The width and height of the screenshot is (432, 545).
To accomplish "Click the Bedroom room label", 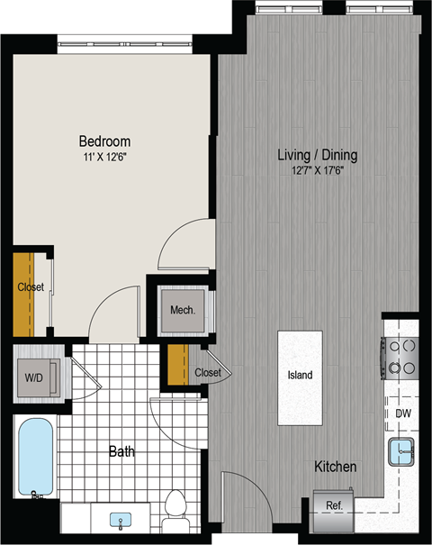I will pyautogui.click(x=104, y=141).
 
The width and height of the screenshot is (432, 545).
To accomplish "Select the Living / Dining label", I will pyautogui.click(x=316, y=155).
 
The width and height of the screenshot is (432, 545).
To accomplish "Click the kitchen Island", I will pyautogui.click(x=300, y=377).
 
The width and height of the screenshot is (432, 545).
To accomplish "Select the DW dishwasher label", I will pyautogui.click(x=403, y=413).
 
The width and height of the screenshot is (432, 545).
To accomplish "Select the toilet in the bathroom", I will pyautogui.click(x=173, y=509).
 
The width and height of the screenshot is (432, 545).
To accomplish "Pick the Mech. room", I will pyautogui.click(x=182, y=311).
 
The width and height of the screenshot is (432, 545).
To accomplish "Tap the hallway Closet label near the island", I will pyautogui.click(x=206, y=372).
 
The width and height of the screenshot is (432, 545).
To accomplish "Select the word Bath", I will pyautogui.click(x=121, y=451).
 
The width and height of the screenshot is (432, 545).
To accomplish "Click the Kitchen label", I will pyautogui.click(x=335, y=468).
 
